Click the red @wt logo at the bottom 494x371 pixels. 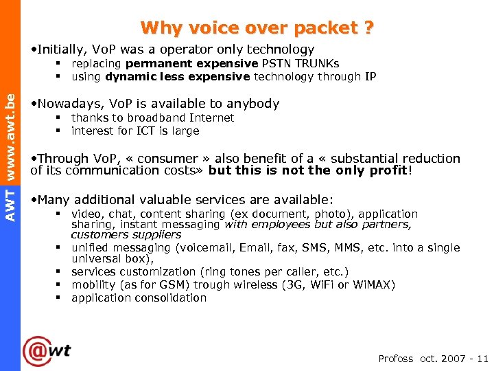[x=47, y=351]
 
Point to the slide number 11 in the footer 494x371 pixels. [x=482, y=359]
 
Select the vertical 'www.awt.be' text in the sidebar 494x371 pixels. [x=10, y=137]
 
